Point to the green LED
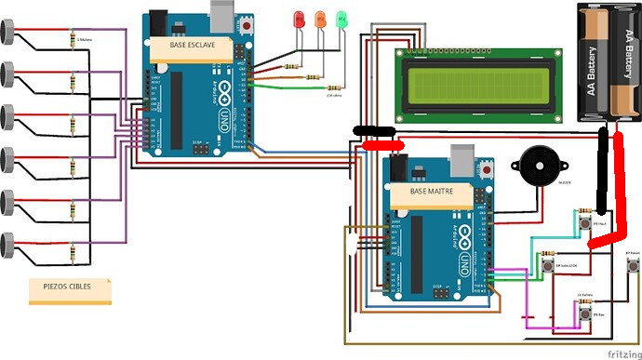(341, 19)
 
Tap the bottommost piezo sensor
(8, 245)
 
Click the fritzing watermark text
(620, 353)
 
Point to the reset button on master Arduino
(486, 170)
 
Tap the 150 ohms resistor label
(333, 95)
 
